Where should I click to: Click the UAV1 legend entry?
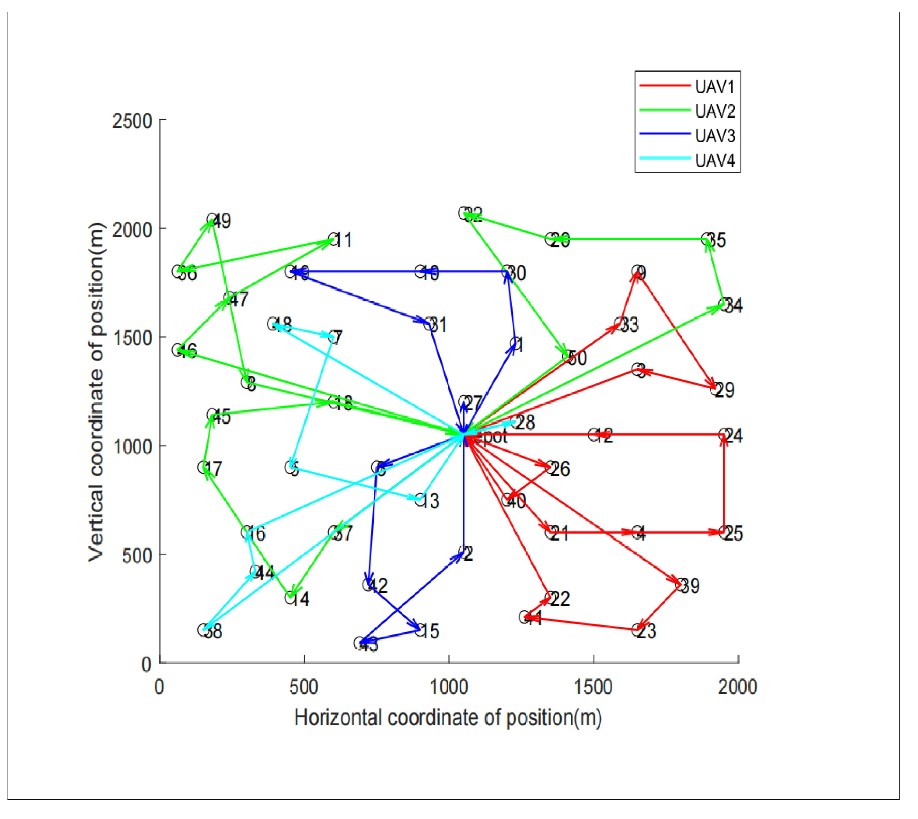click(714, 87)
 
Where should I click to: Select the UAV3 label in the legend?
click(714, 135)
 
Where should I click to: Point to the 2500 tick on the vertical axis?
click(132, 122)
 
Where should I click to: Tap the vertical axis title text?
click(95, 391)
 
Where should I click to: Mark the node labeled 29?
click(715, 389)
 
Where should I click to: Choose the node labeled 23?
click(638, 630)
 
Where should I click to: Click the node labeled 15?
click(420, 630)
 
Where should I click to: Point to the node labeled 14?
click(291, 598)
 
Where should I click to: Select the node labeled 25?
click(724, 532)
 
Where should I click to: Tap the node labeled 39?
click(680, 584)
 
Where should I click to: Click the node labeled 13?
click(420, 499)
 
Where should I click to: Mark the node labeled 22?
click(550, 598)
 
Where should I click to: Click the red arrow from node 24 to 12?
click(661, 435)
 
